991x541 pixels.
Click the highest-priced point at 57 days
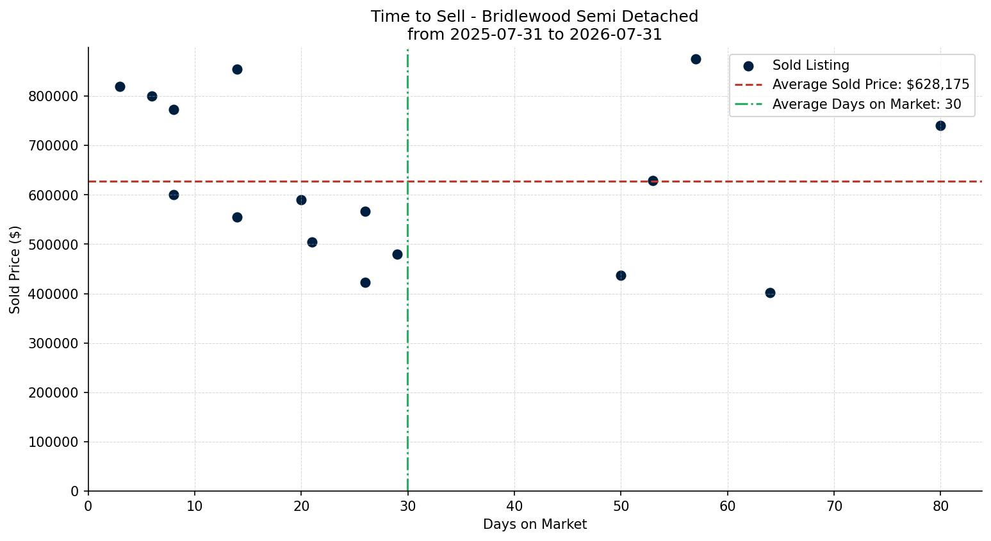click(x=696, y=60)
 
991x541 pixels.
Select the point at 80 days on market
click(x=940, y=126)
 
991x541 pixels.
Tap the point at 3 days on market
click(x=120, y=86)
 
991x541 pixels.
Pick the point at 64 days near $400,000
click(x=770, y=293)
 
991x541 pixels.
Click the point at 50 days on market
click(x=621, y=276)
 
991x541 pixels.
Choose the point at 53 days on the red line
click(x=653, y=181)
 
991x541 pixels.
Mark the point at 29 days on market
click(x=397, y=255)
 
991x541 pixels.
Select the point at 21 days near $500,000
click(x=312, y=242)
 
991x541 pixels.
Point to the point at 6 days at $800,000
click(x=152, y=96)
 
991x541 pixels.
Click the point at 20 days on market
click(x=301, y=200)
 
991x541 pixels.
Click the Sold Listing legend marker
click(x=749, y=67)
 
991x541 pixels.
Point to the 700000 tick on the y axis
click(x=53, y=145)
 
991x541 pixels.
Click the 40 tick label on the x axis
click(x=514, y=506)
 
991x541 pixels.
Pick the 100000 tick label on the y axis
click(x=53, y=442)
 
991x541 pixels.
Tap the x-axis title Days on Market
click(x=535, y=524)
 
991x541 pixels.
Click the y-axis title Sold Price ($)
click(x=15, y=270)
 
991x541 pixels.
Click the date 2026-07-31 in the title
click(x=616, y=35)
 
